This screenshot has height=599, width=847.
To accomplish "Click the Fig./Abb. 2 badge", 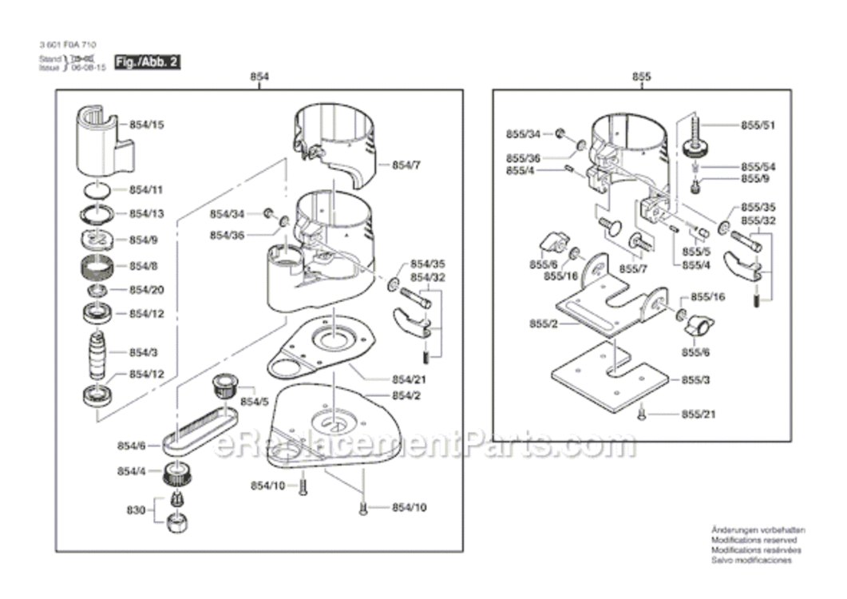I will coord(145,61).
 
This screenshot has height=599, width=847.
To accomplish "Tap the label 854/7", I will coord(406,165).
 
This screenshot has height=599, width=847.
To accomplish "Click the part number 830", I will coord(136,509).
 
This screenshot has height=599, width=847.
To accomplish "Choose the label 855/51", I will coord(758,125).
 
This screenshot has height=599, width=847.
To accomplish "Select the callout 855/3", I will coord(695,381).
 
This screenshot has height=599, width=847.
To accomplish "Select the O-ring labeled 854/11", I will coord(97,190).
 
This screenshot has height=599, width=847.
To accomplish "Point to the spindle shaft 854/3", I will coord(97,353).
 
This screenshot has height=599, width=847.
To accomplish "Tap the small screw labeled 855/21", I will coord(641,413).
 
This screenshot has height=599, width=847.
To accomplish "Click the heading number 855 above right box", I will coord(641,77).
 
